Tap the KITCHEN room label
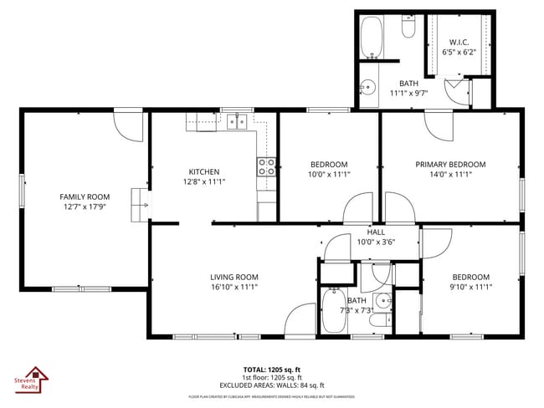click(203, 172)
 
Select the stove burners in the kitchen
click(267, 166)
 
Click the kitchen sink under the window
click(239, 122)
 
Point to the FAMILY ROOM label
click(85, 196)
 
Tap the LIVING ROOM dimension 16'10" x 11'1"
click(234, 287)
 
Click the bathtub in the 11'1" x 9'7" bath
click(372, 38)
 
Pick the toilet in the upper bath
click(408, 29)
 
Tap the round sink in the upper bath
click(368, 85)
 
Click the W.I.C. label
click(459, 42)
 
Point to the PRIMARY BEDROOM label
click(450, 165)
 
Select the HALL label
click(376, 232)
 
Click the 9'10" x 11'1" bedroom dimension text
click(470, 287)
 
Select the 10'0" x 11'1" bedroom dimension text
click(329, 175)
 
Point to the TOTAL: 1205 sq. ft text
click(272, 369)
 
